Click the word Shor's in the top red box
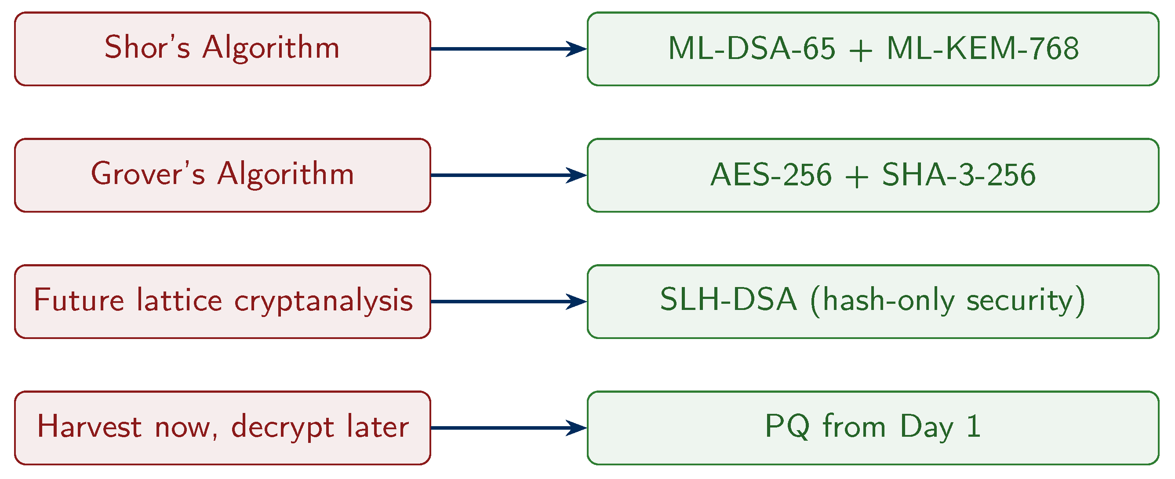147,48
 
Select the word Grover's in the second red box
148,174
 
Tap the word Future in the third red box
78,300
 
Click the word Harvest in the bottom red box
89,427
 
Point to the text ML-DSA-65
751,48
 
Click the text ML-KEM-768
982,48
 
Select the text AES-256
771,175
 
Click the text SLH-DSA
728,300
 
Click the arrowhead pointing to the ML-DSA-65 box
577,49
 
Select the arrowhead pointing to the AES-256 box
577,175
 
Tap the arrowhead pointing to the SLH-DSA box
577,302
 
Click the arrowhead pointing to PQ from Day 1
577,428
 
